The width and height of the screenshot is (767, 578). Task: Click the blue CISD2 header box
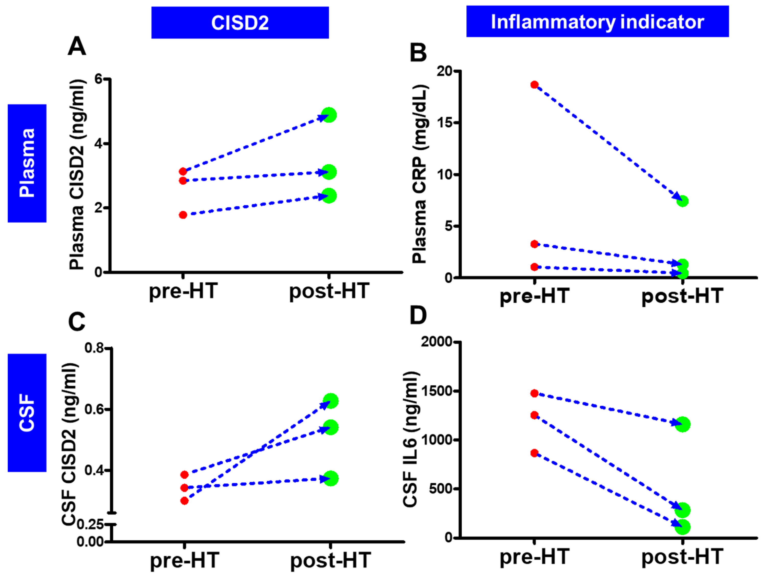pyautogui.click(x=240, y=23)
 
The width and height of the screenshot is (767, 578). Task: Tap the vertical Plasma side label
pyautogui.click(x=27, y=163)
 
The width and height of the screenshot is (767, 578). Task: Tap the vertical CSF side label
pyautogui.click(x=27, y=413)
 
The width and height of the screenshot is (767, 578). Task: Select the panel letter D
pyautogui.click(x=418, y=315)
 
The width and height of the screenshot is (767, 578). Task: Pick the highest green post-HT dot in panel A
pyautogui.click(x=329, y=115)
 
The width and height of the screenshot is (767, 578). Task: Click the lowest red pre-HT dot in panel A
pyautogui.click(x=183, y=215)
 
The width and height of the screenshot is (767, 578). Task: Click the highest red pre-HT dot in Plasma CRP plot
pyautogui.click(x=534, y=85)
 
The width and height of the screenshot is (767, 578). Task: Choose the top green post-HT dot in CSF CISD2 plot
pyautogui.click(x=330, y=401)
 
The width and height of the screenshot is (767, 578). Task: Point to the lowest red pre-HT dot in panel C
pyautogui.click(x=185, y=501)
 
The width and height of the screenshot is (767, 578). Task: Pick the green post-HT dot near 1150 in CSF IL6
pyautogui.click(x=682, y=424)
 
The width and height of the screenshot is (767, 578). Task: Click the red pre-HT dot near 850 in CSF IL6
pyautogui.click(x=534, y=453)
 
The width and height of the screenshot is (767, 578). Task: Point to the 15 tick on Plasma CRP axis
pyautogui.click(x=446, y=123)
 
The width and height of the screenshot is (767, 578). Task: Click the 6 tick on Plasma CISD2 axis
pyautogui.click(x=99, y=79)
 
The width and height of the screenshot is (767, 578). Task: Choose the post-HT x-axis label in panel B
pyautogui.click(x=682, y=296)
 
